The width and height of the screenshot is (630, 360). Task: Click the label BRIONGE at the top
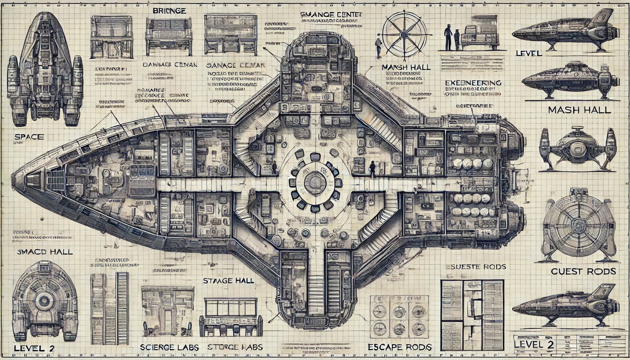[x=170, y=11]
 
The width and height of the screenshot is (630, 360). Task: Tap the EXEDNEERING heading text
[x=473, y=83]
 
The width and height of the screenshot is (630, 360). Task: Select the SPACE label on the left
[x=29, y=137]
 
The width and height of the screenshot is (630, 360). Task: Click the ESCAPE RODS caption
[x=399, y=347]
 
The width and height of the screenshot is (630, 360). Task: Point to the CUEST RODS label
[x=583, y=271]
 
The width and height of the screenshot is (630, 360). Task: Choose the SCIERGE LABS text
[x=169, y=347]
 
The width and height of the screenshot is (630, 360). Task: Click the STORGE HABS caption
[x=235, y=347]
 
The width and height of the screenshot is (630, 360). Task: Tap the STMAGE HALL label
[x=228, y=281]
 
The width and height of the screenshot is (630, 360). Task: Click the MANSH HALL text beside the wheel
[x=406, y=67]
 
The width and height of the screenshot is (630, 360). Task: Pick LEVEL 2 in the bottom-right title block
[x=534, y=344]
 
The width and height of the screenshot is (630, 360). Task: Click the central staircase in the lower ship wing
[x=317, y=289]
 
